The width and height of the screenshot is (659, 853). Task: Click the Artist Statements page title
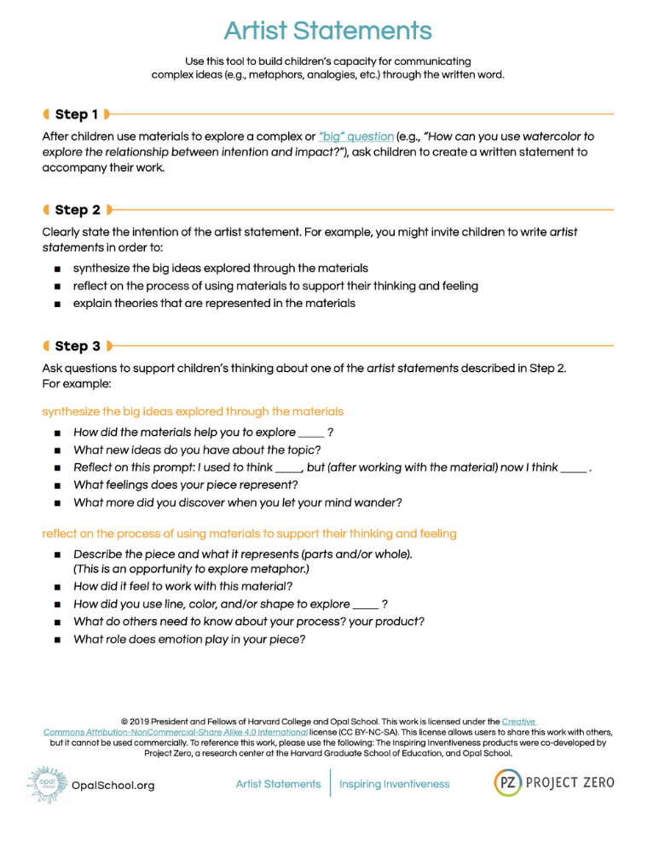coord(328,32)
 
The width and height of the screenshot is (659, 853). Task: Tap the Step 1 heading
coord(76,114)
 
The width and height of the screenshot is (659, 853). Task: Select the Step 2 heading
coord(78,210)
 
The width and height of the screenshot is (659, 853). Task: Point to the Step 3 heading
coord(78,346)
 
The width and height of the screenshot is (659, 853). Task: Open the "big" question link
coord(356,136)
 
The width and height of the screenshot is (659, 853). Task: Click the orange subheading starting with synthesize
coord(193,411)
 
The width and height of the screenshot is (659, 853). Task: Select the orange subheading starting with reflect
coord(249,534)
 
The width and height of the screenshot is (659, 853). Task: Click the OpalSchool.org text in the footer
coord(113,786)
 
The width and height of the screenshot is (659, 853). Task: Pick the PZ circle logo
coord(509,782)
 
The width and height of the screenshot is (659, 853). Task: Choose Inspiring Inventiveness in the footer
coord(394,784)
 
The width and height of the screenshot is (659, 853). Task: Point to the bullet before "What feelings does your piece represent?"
coord(57,486)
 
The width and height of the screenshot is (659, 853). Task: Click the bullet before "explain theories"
coord(57,304)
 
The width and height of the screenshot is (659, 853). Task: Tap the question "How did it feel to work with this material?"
coord(183,587)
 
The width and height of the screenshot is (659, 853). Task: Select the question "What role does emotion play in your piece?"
coord(189,640)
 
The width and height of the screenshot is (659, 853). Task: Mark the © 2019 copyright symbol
coord(124,722)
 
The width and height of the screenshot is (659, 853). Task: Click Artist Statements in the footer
coord(278,784)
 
